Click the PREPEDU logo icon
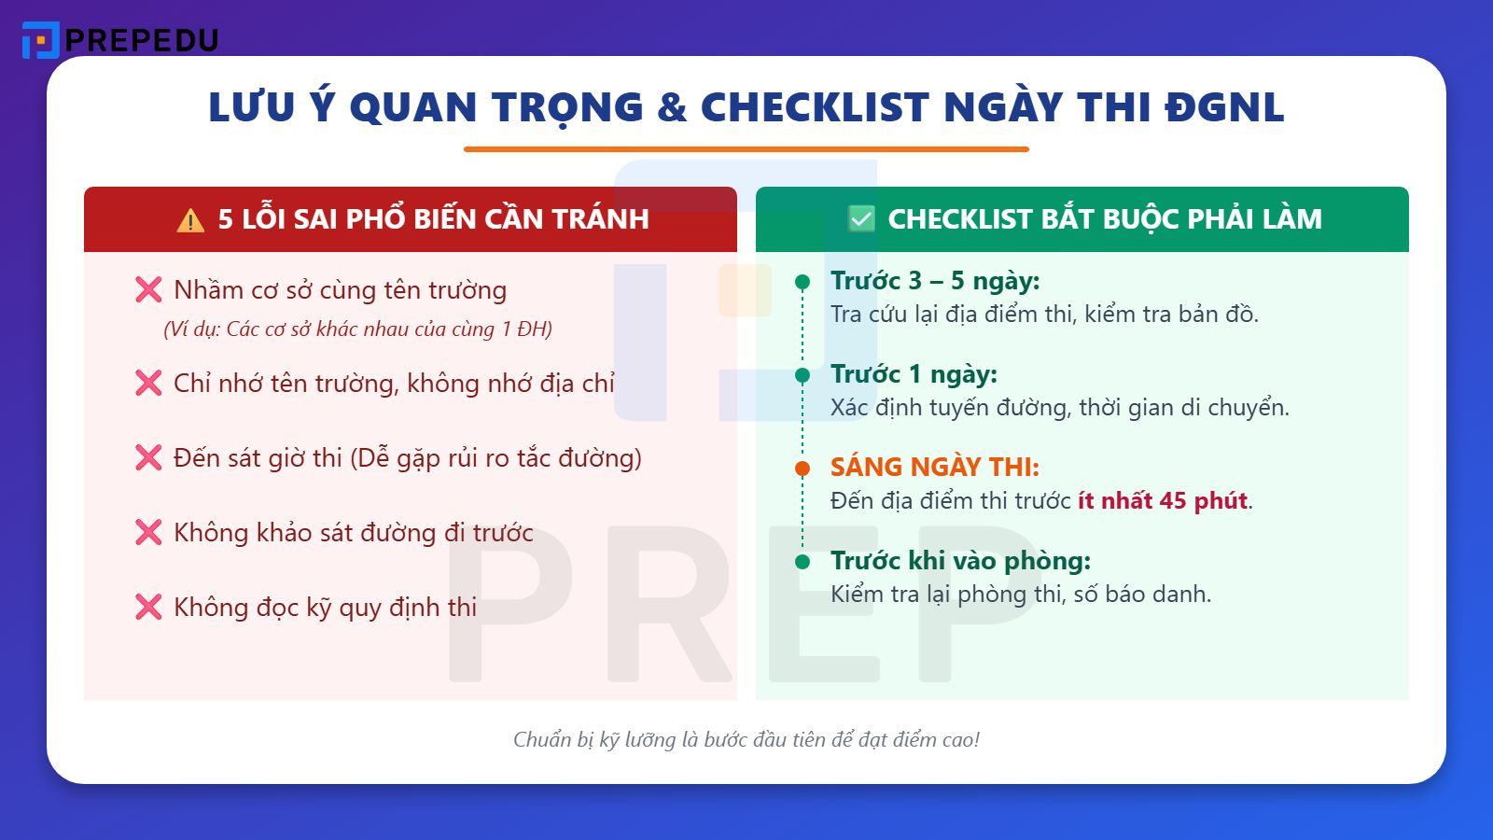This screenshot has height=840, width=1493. coord(40,40)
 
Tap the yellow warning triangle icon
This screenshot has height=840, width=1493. coord(190,220)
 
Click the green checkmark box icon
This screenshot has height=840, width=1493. coord(861,219)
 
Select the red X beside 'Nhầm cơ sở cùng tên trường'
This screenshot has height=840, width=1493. coord(148,290)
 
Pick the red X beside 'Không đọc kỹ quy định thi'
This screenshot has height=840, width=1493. coord(148,608)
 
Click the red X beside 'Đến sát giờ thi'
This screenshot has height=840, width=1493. coord(148,458)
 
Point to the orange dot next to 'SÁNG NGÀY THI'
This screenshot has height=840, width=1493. coord(802,469)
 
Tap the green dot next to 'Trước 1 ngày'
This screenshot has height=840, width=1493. coord(802,375)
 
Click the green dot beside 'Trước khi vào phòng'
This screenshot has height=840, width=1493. coord(802,562)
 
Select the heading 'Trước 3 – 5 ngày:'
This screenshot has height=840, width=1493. coord(935,281)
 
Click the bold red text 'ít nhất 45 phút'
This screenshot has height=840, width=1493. coord(1163,501)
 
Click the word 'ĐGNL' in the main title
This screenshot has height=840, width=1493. coord(1224,108)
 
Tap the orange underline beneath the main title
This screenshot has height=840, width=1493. coord(746,149)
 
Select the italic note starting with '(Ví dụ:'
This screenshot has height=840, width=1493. coord(357,329)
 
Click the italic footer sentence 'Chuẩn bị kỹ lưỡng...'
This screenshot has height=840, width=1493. coord(746,740)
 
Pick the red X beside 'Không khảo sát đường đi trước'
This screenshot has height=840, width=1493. coord(148,533)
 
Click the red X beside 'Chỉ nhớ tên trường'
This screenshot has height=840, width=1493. coord(148,384)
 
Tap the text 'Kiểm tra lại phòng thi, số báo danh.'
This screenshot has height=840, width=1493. coord(1021,595)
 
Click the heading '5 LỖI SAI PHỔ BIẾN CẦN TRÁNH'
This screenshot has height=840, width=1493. coord(433,219)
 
